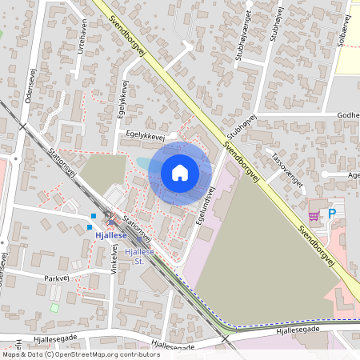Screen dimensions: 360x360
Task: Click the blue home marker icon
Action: [180, 172]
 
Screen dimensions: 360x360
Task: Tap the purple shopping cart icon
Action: [314, 214]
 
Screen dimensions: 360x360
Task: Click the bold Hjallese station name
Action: [111, 236]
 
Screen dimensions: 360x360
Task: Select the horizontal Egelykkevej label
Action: [144, 137]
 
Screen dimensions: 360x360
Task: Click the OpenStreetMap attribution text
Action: [80, 354]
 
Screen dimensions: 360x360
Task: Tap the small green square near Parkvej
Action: [54, 306]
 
